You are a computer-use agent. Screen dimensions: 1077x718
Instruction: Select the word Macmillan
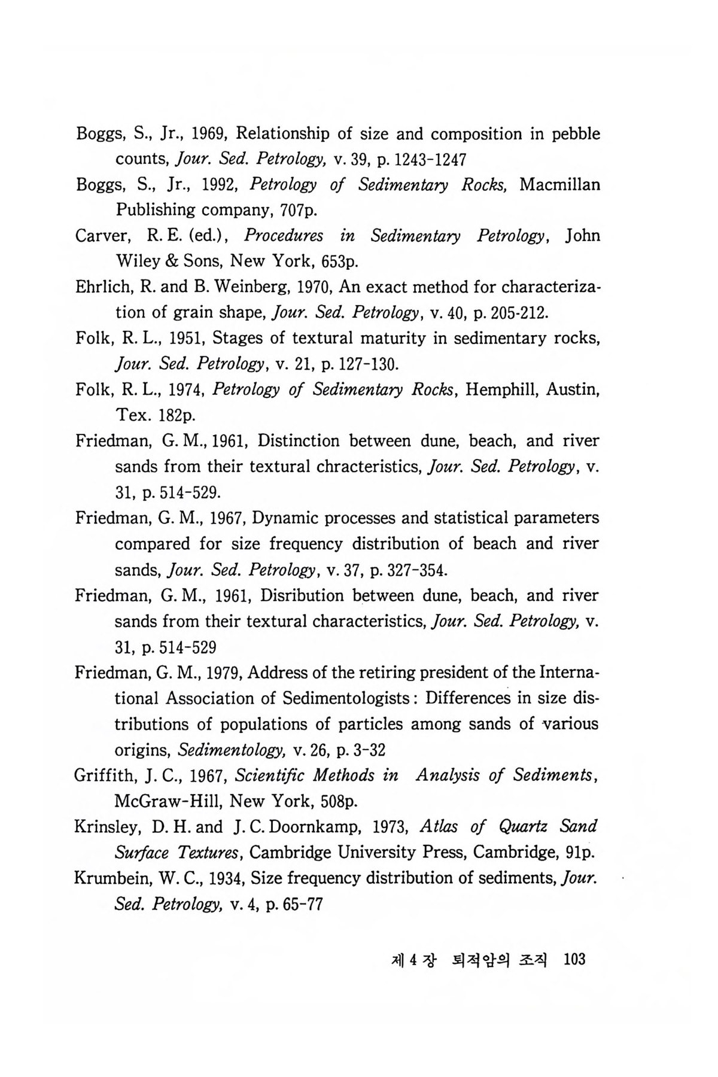click(x=559, y=184)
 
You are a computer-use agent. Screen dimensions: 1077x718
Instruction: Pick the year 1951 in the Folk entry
click(x=180, y=339)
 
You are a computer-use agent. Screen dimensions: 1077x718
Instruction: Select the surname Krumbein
click(x=111, y=879)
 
